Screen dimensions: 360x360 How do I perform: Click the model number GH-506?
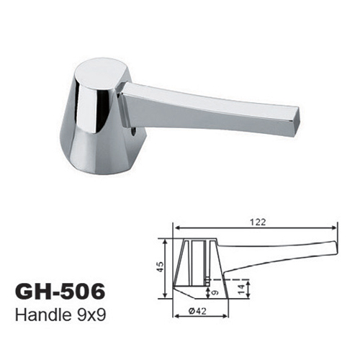(60, 292)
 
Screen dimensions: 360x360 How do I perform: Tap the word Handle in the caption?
(42, 315)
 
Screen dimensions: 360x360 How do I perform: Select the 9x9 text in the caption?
(89, 315)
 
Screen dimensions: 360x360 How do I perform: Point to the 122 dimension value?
(258, 222)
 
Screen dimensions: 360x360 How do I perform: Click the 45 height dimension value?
(161, 266)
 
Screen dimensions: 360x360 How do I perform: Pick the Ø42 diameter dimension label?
(197, 311)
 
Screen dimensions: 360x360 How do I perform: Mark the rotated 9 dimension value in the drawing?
(215, 293)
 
